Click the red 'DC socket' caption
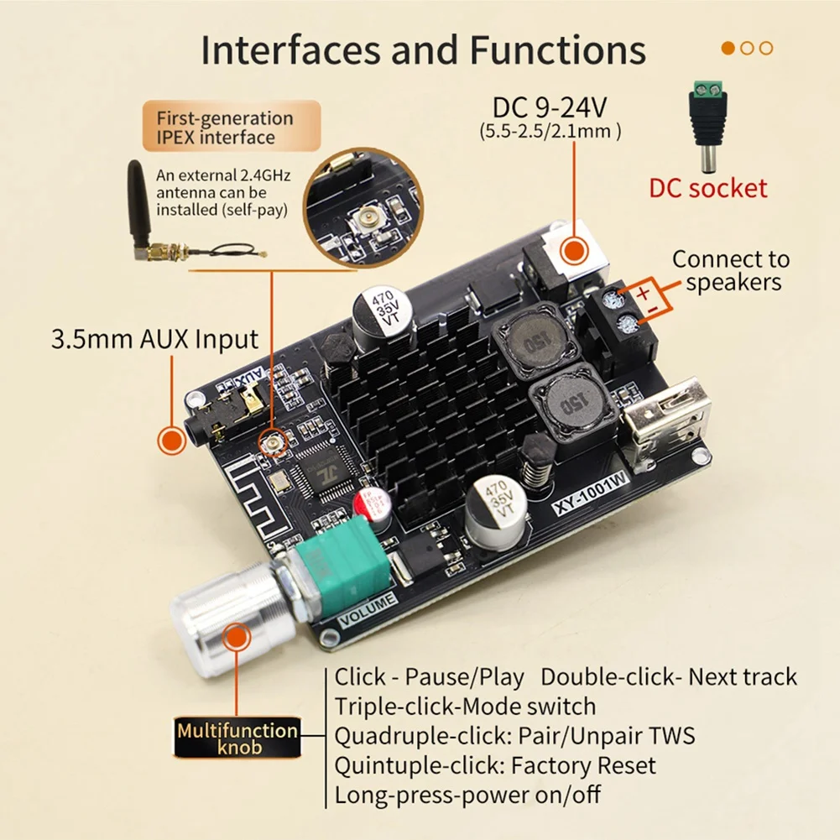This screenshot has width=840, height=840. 707,187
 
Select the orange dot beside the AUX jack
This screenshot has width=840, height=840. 172,441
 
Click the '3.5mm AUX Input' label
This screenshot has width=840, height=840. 155,340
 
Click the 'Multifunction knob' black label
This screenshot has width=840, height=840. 237,738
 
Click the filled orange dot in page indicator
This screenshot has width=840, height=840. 728,48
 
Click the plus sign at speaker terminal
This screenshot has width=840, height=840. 643,295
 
